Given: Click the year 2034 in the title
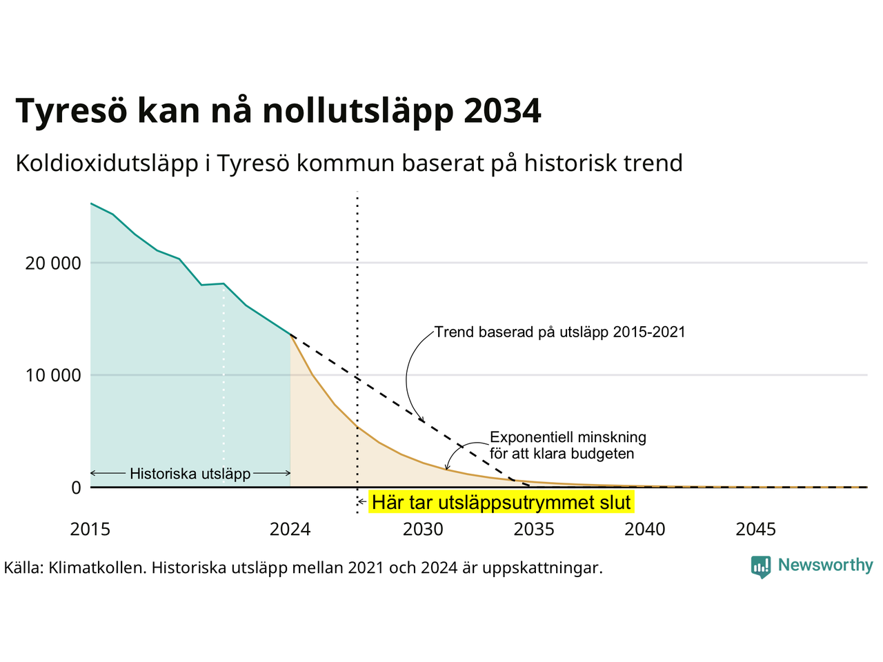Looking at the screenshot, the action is pyautogui.click(x=502, y=110).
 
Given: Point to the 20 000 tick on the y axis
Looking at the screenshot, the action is pyautogui.click(x=53, y=263).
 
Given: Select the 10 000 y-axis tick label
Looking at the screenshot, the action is pyautogui.click(x=53, y=375).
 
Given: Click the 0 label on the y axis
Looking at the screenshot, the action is pyautogui.click(x=76, y=488).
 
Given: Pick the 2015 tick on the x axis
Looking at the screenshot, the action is pyautogui.click(x=90, y=530).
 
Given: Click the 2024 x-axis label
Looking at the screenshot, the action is pyautogui.click(x=290, y=530).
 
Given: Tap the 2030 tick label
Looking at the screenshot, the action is pyautogui.click(x=423, y=530).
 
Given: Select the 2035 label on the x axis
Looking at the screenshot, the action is pyautogui.click(x=534, y=530).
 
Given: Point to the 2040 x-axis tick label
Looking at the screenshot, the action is pyautogui.click(x=645, y=530).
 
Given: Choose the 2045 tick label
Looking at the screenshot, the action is pyautogui.click(x=756, y=530).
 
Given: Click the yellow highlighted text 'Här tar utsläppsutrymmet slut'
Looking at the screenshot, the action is pyautogui.click(x=502, y=503).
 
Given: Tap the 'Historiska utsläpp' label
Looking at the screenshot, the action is pyautogui.click(x=190, y=474).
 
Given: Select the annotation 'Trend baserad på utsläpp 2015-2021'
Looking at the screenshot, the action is pyautogui.click(x=559, y=332).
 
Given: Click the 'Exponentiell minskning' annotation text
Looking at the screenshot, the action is pyautogui.click(x=568, y=437).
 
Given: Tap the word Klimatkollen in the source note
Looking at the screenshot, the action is pyautogui.click(x=96, y=568).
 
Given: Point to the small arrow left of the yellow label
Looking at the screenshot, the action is pyautogui.click(x=362, y=501).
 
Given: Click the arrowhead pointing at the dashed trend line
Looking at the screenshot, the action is pyautogui.click(x=422, y=419).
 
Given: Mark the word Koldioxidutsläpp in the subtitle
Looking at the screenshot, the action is pyautogui.click(x=107, y=163).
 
